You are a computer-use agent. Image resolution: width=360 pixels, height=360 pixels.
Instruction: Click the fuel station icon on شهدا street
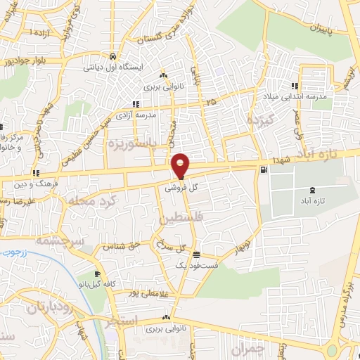pos(263,169)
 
